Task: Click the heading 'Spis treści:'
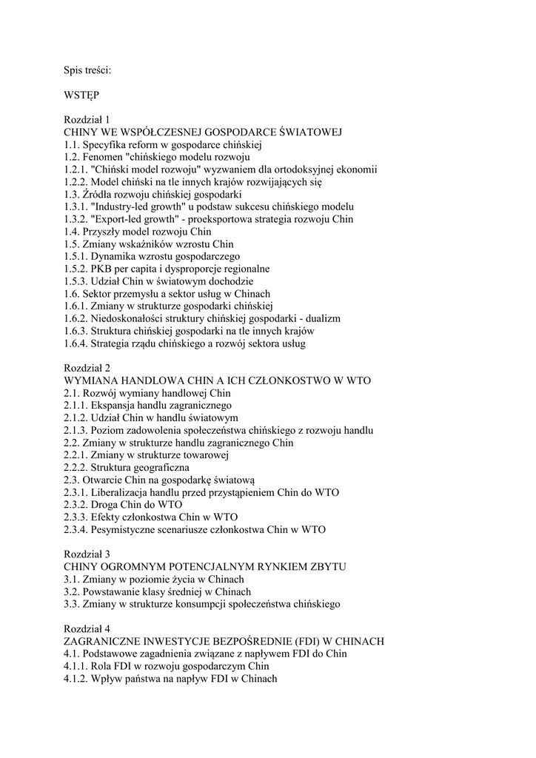click(87, 70)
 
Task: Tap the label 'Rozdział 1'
click(87, 119)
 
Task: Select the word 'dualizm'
click(323, 318)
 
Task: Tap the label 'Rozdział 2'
click(87, 368)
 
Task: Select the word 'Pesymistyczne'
click(126, 530)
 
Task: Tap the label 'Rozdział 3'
click(87, 554)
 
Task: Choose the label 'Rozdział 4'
click(87, 629)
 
